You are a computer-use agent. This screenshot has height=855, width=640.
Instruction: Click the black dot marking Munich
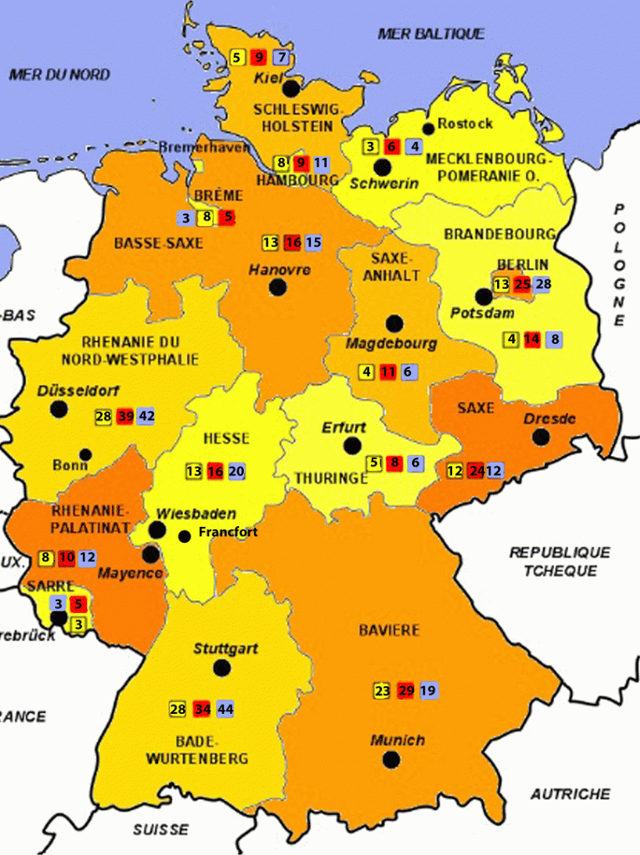pyautogui.click(x=391, y=759)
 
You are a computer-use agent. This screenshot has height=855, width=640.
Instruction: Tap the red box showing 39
pyautogui.click(x=126, y=417)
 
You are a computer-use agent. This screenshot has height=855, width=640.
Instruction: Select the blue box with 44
pyautogui.click(x=225, y=709)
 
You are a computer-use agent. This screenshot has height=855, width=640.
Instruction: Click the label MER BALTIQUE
pyautogui.click(x=430, y=33)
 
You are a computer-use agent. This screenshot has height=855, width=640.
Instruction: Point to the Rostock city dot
pyautogui.click(x=429, y=128)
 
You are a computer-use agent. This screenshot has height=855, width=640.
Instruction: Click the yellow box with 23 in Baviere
pyautogui.click(x=382, y=691)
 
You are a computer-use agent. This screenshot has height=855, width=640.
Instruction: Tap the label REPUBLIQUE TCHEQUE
pyautogui.click(x=560, y=561)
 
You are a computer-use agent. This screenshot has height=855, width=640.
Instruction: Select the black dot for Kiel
pyautogui.click(x=291, y=88)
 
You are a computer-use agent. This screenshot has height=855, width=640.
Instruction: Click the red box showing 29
pyautogui.click(x=407, y=691)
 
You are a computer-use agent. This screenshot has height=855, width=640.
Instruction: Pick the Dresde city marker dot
pyautogui.click(x=541, y=436)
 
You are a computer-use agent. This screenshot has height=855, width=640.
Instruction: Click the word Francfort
pyautogui.click(x=227, y=532)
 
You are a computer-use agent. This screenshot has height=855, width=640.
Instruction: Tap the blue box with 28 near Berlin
pyautogui.click(x=543, y=285)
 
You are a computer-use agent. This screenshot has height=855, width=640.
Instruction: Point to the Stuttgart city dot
pyautogui.click(x=221, y=668)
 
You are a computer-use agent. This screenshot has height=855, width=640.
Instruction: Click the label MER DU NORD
pyautogui.click(x=59, y=74)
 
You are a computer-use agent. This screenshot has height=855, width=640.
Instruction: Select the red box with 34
pyautogui.click(x=201, y=709)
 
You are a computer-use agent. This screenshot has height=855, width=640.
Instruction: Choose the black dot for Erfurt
pyautogui.click(x=353, y=446)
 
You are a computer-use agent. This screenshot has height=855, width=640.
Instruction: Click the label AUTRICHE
pyautogui.click(x=570, y=793)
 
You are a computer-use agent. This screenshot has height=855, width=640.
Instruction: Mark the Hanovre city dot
pyautogui.click(x=278, y=287)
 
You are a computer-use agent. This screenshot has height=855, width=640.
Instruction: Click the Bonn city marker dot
pyautogui.click(x=85, y=455)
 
